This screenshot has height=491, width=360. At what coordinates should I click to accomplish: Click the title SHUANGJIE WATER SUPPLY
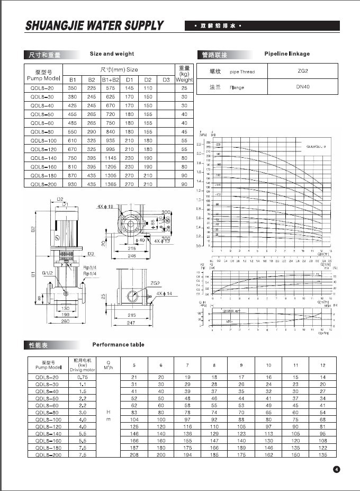95,26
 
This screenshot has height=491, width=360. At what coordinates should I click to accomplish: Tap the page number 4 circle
336,469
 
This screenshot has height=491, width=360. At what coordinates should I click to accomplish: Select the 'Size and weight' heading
112,54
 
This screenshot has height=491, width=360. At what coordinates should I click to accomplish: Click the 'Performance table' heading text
118,344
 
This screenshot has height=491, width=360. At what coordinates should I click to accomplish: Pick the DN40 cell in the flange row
303,87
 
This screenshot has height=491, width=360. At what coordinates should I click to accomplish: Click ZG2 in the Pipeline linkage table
303,71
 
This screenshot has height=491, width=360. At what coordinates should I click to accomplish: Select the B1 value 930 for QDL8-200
72,184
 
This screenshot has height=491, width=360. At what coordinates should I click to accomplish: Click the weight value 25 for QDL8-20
184,88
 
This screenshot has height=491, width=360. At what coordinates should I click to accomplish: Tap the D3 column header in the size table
166,80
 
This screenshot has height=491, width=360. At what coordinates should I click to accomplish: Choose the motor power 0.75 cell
83,377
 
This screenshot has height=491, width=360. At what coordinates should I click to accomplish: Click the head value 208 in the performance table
134,455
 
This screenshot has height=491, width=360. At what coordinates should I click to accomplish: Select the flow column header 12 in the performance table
322,365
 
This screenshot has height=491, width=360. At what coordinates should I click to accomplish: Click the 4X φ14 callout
165,293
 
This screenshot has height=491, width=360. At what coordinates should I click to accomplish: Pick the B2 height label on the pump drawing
33,230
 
